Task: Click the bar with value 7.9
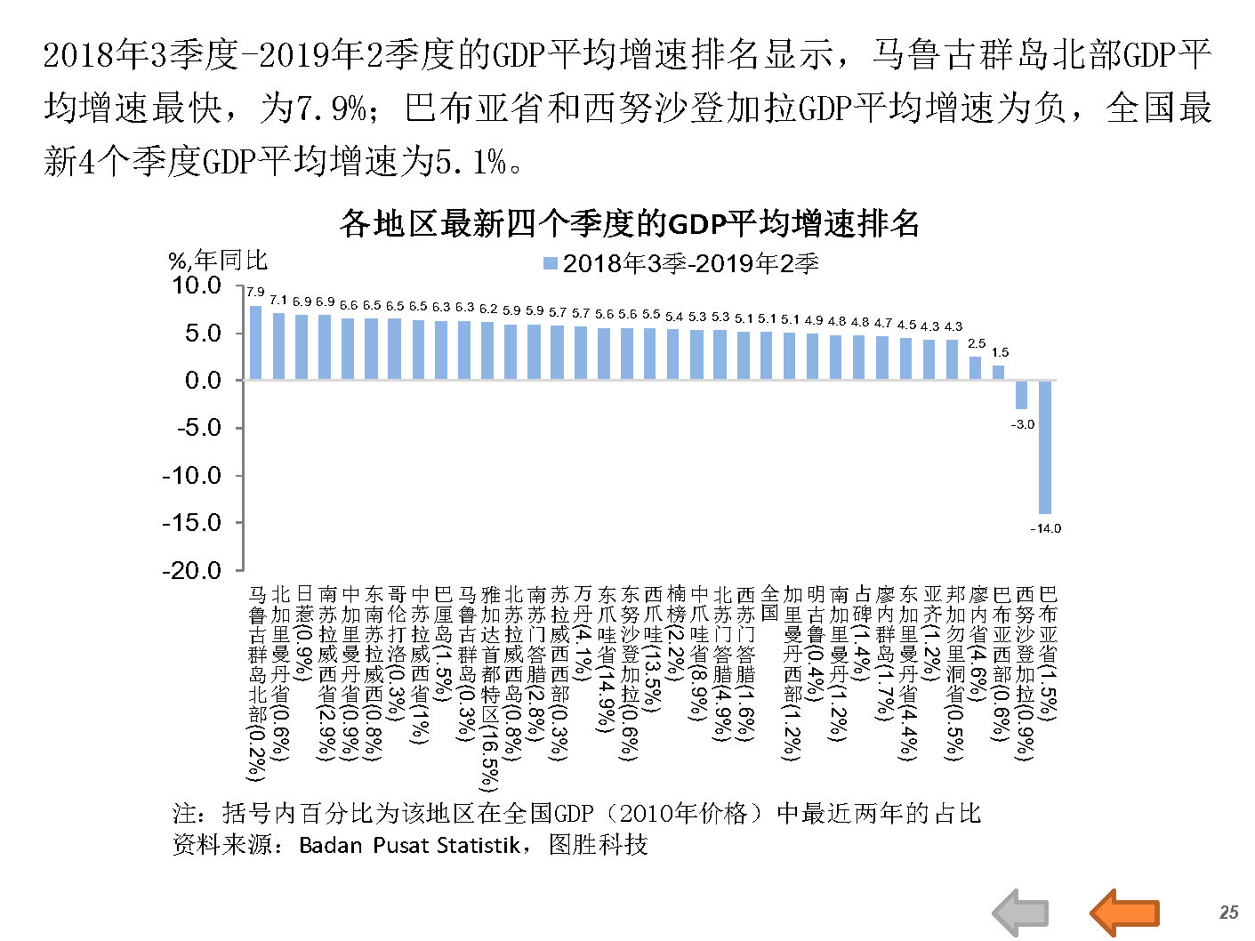coord(255,342)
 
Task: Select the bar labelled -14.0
coord(1045,446)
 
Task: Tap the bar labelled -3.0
coord(1022,394)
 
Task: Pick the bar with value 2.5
coord(976,368)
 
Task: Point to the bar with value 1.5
coord(999,373)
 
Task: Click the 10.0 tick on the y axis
coord(197,286)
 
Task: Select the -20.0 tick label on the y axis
coord(191,571)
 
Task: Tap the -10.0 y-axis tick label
coord(191,476)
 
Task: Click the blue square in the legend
coord(550,264)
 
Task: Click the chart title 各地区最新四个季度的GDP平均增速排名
coord(629,223)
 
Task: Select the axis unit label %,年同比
coord(218,261)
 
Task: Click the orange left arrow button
coord(1124,913)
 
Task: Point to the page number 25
coord(1228,913)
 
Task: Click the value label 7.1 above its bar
coord(278,301)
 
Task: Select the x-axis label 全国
coord(769,602)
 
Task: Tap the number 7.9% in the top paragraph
coord(331,109)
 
